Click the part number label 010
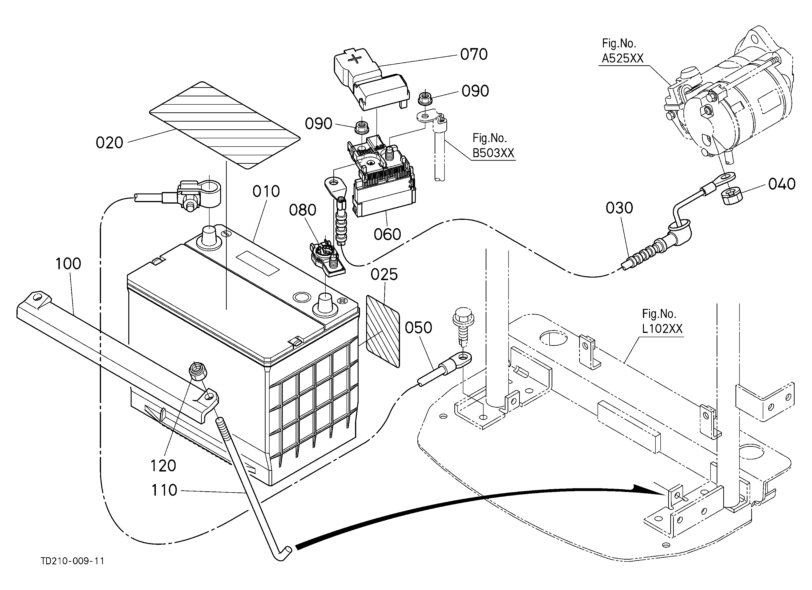click(x=266, y=192)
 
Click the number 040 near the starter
click(x=782, y=184)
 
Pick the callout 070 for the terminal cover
click(x=474, y=54)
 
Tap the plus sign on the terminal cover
click(x=355, y=59)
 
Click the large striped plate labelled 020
click(x=224, y=125)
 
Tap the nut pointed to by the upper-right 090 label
click(x=425, y=97)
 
